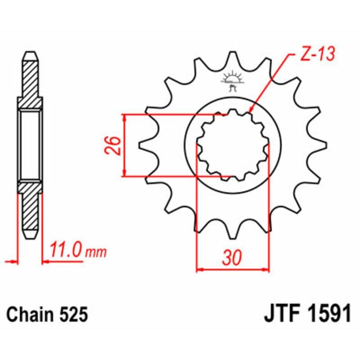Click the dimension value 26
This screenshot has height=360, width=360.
click(x=113, y=145)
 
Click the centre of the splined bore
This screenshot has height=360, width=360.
click(x=233, y=145)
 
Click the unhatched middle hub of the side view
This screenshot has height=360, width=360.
click(x=30, y=145)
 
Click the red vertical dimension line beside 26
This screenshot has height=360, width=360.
click(x=125, y=145)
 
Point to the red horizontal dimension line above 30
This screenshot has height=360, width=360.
click(x=233, y=270)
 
